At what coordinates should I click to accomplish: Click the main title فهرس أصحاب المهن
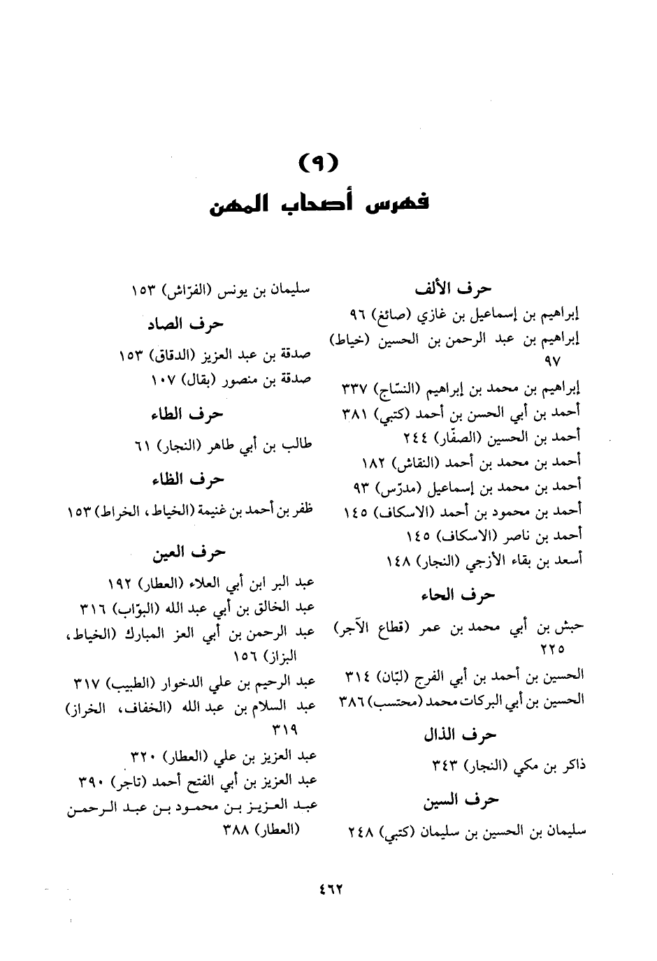coord(320,205)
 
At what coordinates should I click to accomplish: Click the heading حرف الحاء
coord(458,595)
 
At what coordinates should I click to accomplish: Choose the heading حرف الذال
coord(460,735)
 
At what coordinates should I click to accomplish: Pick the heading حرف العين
coord(189,552)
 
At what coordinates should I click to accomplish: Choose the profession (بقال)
coord(198,382)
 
